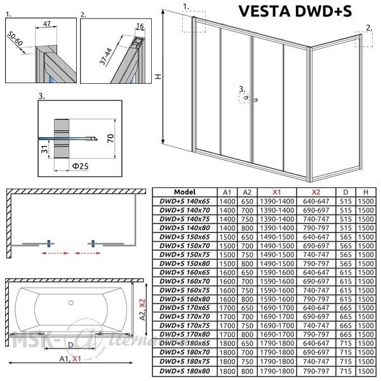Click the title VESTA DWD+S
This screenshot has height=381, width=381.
click(295, 11)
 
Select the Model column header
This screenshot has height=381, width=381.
click(185, 192)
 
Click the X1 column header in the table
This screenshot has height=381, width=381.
click(277, 192)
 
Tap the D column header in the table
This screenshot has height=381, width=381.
click(345, 192)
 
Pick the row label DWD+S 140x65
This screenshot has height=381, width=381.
click(184, 201)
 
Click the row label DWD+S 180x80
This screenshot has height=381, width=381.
click(184, 371)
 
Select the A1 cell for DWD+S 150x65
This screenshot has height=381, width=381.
click(227, 237)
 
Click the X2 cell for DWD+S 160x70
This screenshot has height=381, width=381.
click(316, 281)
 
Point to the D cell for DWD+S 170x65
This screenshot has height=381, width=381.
click(345, 308)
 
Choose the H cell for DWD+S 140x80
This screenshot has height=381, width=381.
click(366, 228)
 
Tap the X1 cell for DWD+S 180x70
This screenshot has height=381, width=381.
click(277, 352)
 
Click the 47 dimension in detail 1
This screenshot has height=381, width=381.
click(47, 23)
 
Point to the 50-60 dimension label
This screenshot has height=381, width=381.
click(15, 39)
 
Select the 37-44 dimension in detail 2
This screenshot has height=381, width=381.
click(105, 57)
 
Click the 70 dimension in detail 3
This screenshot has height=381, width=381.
click(110, 138)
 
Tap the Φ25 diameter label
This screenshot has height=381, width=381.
click(80, 166)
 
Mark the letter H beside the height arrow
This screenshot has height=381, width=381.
click(158, 76)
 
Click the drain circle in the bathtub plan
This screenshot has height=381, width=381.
click(71, 302)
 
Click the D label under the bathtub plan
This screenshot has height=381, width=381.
click(70, 345)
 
